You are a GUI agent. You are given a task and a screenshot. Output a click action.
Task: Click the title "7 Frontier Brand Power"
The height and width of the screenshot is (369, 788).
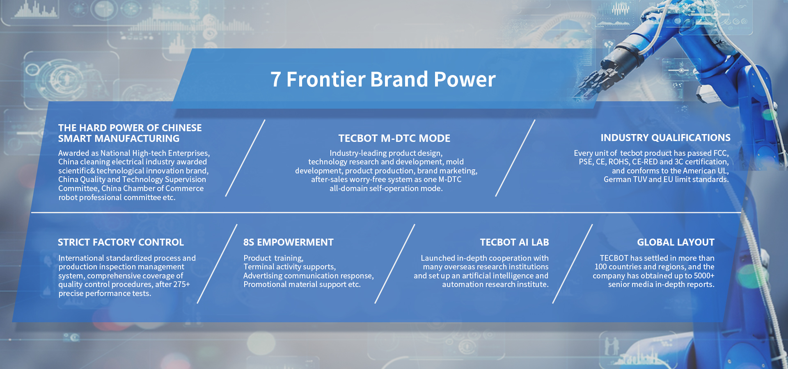pyautogui.click(x=383, y=79)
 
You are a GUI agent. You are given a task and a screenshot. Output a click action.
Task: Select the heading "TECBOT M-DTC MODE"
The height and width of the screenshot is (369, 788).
pyautogui.click(x=394, y=138)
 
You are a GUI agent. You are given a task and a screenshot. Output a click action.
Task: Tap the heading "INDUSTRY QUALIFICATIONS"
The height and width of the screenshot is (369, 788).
pyautogui.click(x=666, y=138)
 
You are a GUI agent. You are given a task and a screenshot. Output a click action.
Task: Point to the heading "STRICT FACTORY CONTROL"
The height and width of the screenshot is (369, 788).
pyautogui.click(x=121, y=242)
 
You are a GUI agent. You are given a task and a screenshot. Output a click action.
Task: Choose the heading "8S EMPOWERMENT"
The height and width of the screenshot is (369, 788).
pyautogui.click(x=289, y=242)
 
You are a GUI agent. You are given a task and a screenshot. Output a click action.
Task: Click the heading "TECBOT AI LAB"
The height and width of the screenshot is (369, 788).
pyautogui.click(x=514, y=242)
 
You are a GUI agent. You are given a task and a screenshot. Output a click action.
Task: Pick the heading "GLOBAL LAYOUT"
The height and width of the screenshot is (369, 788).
pyautogui.click(x=676, y=242)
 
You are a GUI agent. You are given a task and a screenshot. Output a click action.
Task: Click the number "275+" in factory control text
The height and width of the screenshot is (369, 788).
pyautogui.click(x=181, y=284)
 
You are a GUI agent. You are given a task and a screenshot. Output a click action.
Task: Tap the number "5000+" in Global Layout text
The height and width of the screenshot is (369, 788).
pyautogui.click(x=704, y=276)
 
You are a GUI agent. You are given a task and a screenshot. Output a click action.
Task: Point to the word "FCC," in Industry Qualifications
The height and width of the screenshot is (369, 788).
pyautogui.click(x=721, y=153)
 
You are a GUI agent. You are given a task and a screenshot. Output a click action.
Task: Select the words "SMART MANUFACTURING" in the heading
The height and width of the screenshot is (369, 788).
pyautogui.click(x=119, y=139)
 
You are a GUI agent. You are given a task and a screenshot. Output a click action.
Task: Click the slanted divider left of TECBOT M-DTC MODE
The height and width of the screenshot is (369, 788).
pyautogui.click(x=245, y=158)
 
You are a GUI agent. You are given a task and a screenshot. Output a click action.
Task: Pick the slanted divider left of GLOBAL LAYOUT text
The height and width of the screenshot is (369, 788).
pyautogui.click(x=573, y=264)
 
